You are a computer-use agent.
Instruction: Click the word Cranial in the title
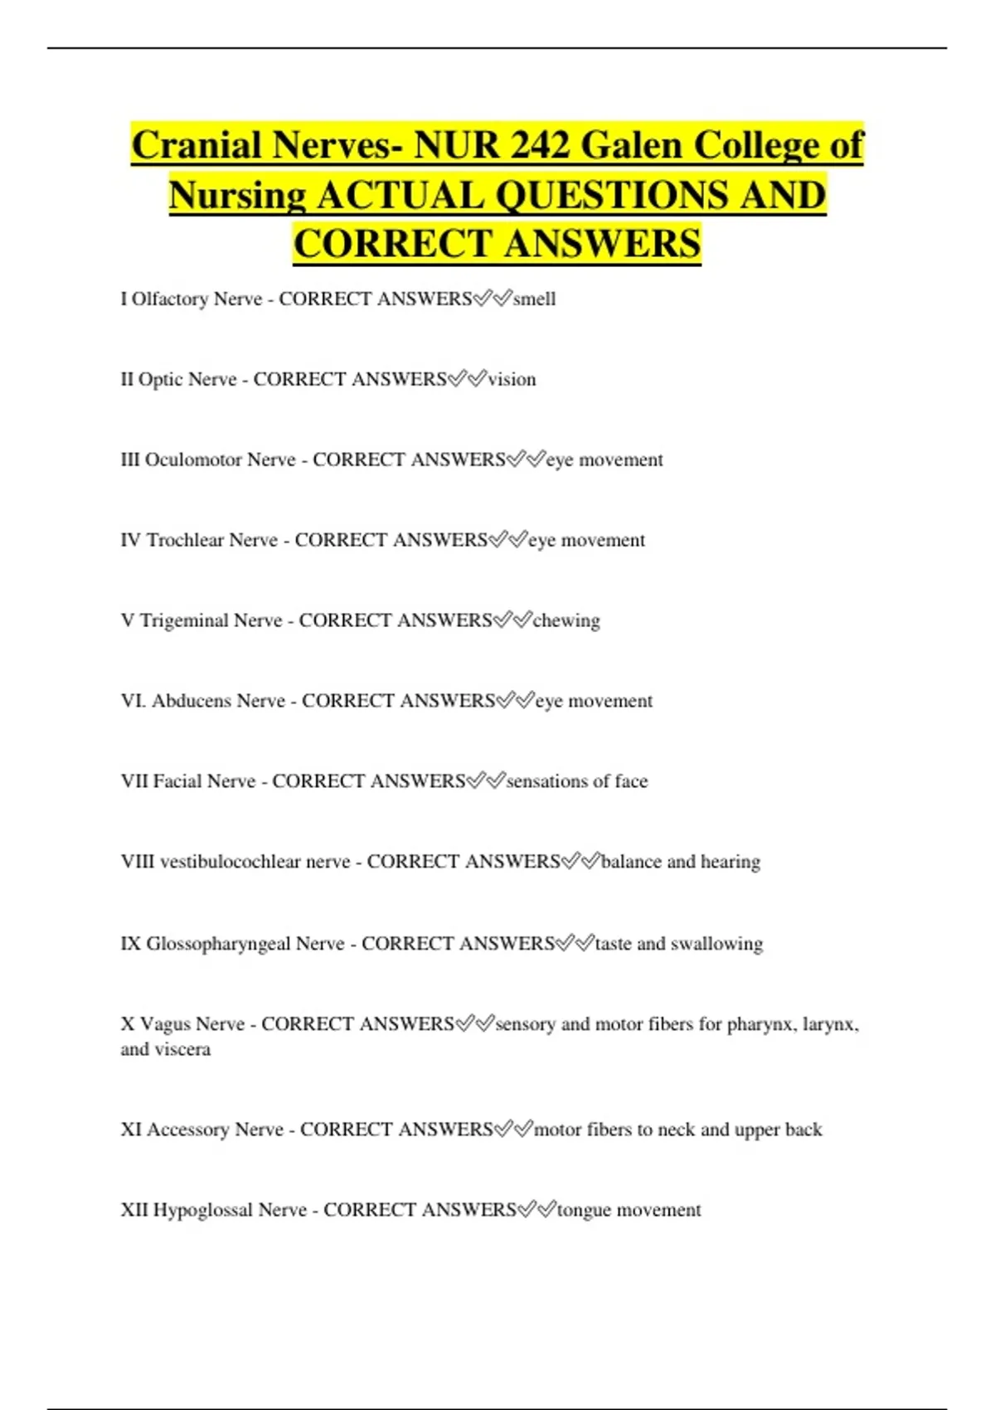point(197,145)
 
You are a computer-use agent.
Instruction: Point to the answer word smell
point(535,299)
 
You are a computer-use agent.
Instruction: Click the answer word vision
point(512,379)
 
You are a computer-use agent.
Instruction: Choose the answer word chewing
point(566,620)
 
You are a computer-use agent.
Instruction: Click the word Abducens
point(192,701)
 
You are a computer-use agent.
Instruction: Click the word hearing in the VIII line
point(730,862)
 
